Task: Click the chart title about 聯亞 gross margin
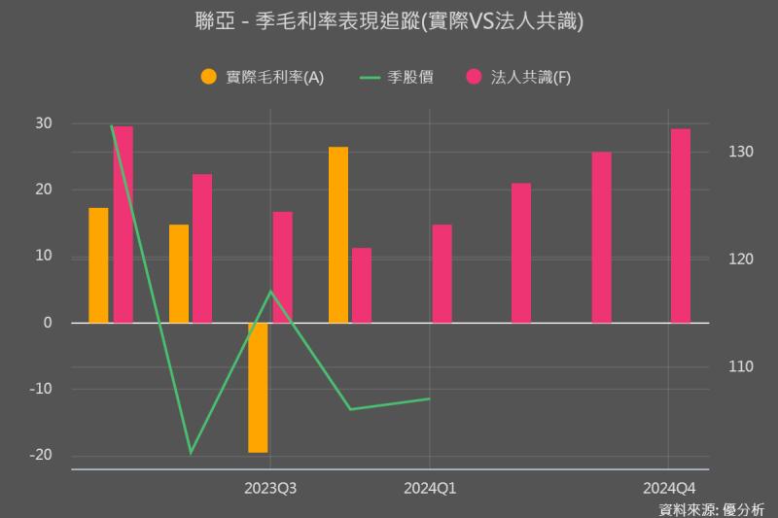coord(389,21)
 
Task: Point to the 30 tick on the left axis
coord(44,123)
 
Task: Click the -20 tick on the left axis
coord(40,455)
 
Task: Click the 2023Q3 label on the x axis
coord(270,488)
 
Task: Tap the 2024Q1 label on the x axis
coord(430,488)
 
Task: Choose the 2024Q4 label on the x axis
coord(669,488)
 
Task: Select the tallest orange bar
coord(337,234)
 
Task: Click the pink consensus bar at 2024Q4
coord(680,224)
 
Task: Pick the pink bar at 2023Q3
coord(282,266)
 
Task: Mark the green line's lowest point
coord(191,453)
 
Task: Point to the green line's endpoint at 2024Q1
coord(430,398)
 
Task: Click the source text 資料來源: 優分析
coord(712,508)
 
